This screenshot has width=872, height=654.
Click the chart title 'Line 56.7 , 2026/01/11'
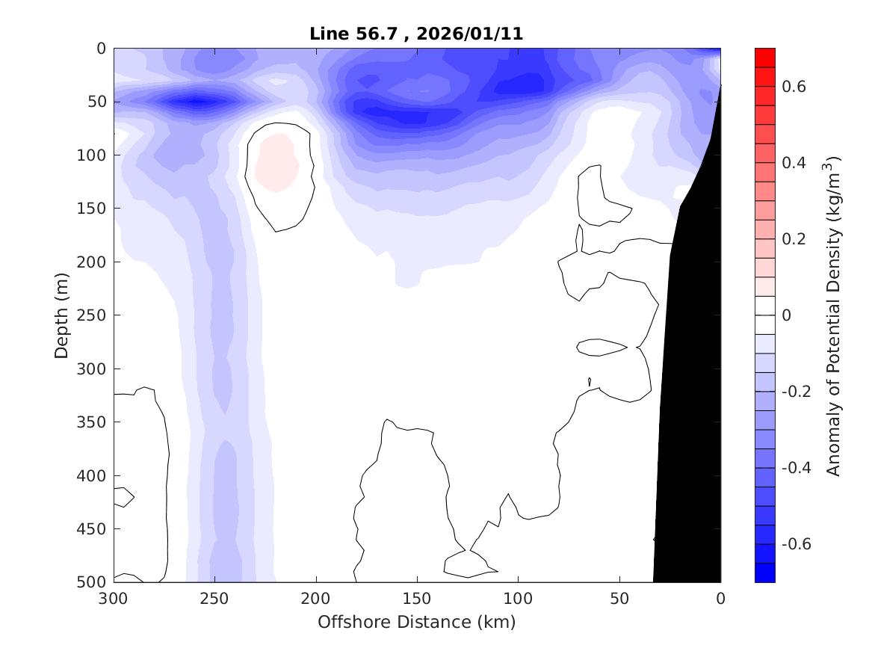(x=416, y=34)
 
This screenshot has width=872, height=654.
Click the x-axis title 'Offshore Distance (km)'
(x=416, y=622)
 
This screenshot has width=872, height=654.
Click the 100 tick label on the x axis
(x=518, y=599)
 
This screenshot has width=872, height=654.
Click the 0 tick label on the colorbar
(x=786, y=315)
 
